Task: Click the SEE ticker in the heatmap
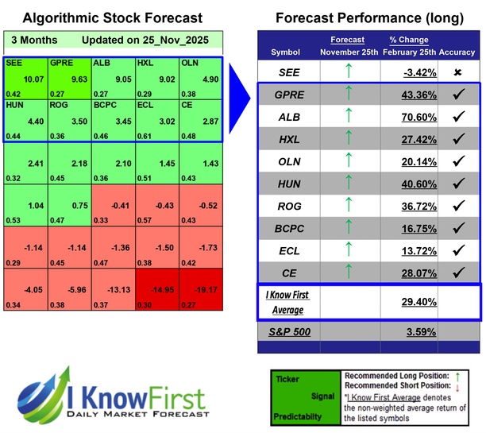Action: [x=14, y=62]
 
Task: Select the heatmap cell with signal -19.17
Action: [x=200, y=291]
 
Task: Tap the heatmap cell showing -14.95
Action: [x=156, y=291]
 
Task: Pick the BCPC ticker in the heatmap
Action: [x=106, y=104]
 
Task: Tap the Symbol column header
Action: [x=286, y=52]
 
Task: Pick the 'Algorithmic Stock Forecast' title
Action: [x=112, y=17]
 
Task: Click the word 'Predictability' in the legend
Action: [x=299, y=415]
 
